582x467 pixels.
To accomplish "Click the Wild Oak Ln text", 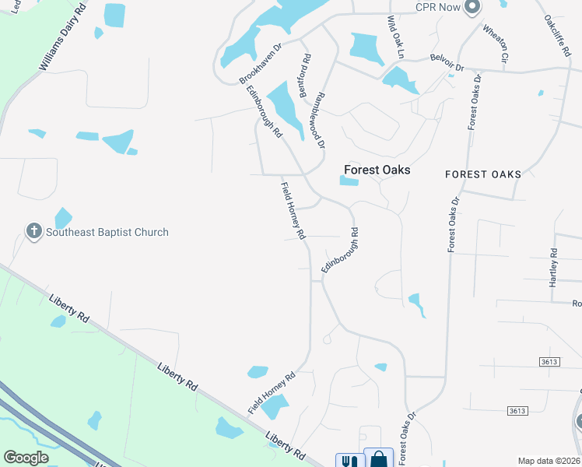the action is [x=396, y=37].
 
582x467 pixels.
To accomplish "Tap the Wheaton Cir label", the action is [x=496, y=44].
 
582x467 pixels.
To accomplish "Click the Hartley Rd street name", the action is [x=553, y=267].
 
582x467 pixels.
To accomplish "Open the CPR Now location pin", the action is [x=471, y=8].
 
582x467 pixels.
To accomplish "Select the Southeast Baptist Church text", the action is [x=107, y=232].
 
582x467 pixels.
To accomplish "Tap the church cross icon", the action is [x=33, y=231].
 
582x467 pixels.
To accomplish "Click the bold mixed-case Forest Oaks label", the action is [x=377, y=170].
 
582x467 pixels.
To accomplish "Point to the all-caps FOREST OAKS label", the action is [x=483, y=174].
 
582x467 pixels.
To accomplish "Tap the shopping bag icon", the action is [x=378, y=459].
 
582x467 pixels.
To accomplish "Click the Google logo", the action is [x=26, y=458].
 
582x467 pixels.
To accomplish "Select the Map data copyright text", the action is [x=549, y=461].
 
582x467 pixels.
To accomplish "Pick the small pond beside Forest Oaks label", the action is [x=349, y=181].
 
